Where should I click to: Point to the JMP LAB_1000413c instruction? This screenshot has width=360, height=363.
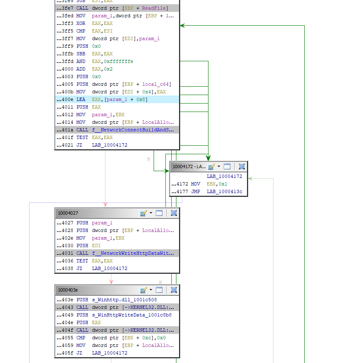(x=211, y=191)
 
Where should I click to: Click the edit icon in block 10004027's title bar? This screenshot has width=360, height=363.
(x=143, y=213)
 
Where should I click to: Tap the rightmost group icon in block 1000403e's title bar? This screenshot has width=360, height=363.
(x=173, y=290)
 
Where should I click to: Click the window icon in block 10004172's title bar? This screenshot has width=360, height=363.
(x=227, y=166)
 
